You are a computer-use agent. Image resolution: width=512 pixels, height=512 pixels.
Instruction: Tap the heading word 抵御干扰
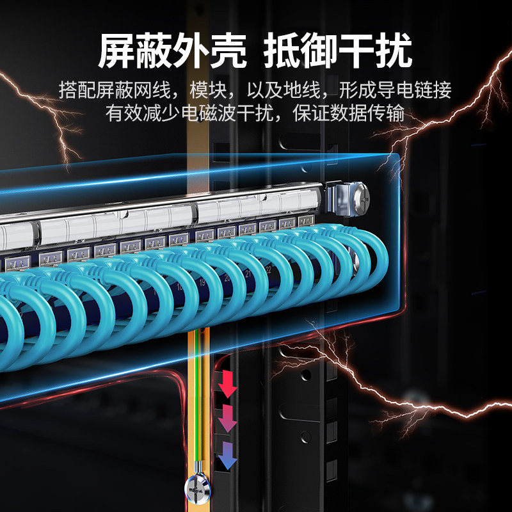coord(338,50)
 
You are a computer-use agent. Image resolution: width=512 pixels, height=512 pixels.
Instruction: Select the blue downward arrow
coord(228,458)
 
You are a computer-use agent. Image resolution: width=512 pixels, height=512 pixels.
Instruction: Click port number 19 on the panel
coord(202,282)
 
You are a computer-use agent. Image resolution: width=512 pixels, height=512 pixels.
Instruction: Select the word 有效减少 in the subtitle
coord(131,113)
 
